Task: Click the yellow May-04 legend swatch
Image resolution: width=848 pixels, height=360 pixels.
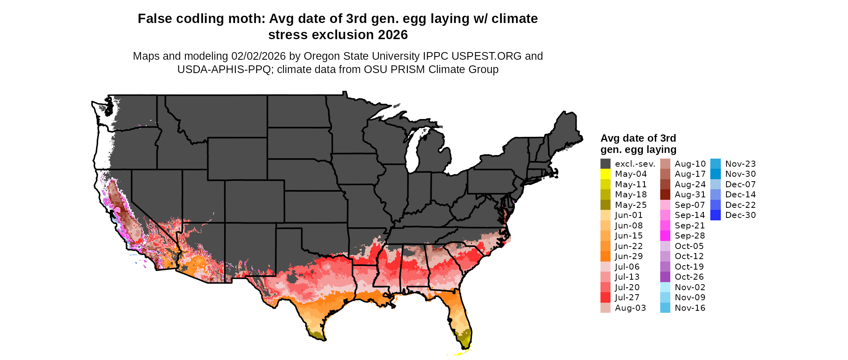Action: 605,174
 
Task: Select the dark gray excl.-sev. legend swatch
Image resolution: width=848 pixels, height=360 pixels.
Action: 605,164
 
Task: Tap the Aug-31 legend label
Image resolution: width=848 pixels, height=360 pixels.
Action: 690,195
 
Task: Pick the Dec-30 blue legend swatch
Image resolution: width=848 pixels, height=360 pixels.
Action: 715,215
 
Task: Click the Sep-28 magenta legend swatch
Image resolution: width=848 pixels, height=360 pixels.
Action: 665,236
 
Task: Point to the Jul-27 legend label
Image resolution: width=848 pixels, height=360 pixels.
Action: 627,297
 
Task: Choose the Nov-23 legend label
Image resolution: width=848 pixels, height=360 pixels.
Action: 740,164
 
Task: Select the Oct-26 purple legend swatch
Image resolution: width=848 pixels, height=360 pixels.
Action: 665,277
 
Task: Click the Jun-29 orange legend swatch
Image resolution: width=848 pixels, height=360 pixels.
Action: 605,256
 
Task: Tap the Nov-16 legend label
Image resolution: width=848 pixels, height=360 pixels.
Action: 690,308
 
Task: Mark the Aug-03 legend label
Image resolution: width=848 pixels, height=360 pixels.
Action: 630,308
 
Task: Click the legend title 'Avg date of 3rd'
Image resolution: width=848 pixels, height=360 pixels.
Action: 638,138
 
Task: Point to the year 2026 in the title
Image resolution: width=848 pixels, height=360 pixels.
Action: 393,35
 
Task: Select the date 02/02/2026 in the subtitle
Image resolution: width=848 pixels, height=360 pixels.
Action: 258,56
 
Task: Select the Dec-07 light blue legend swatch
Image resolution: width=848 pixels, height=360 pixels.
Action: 715,184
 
